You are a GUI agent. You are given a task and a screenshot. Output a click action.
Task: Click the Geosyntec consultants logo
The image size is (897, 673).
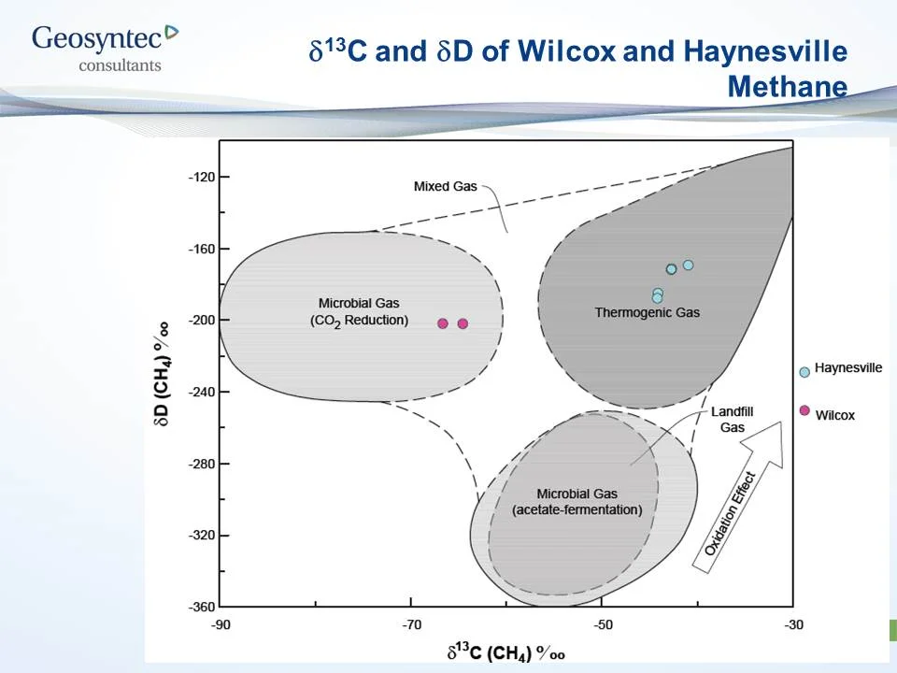[104, 47]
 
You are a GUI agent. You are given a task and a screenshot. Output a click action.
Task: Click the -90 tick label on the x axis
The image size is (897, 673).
[220, 624]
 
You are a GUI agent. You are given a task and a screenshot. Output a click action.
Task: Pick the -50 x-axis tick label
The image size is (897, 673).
[603, 624]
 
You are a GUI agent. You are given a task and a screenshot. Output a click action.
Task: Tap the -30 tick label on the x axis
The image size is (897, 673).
[793, 624]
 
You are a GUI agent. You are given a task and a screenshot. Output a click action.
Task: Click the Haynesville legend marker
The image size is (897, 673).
[804, 371]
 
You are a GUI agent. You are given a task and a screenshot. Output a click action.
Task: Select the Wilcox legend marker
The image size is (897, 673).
[804, 410]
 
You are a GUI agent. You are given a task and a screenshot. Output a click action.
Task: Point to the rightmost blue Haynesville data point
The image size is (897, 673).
[688, 265]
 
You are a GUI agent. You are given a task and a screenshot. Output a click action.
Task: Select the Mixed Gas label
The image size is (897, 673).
[445, 186]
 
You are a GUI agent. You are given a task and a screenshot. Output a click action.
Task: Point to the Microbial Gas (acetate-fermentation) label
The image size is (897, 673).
[577, 502]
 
